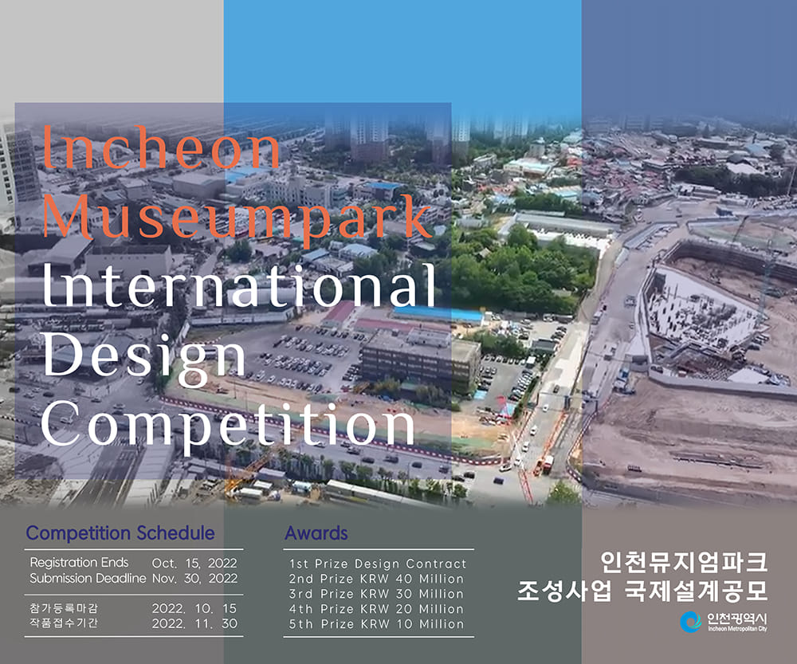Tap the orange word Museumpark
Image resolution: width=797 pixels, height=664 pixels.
coord(237,214)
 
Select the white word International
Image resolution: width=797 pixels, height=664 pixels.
coord(239,285)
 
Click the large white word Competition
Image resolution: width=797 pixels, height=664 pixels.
coord(229,421)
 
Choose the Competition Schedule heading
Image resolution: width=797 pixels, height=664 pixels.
coord(120,533)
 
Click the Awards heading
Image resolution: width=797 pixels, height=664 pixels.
coord(316,533)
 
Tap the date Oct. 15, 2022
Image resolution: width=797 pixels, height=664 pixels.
coord(194,563)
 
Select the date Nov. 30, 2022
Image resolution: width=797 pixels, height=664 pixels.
coord(194,578)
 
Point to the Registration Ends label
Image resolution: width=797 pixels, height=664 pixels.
coord(79,563)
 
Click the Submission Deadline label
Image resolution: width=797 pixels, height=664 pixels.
coord(88,578)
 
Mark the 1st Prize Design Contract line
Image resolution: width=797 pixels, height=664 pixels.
coord(378,564)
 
